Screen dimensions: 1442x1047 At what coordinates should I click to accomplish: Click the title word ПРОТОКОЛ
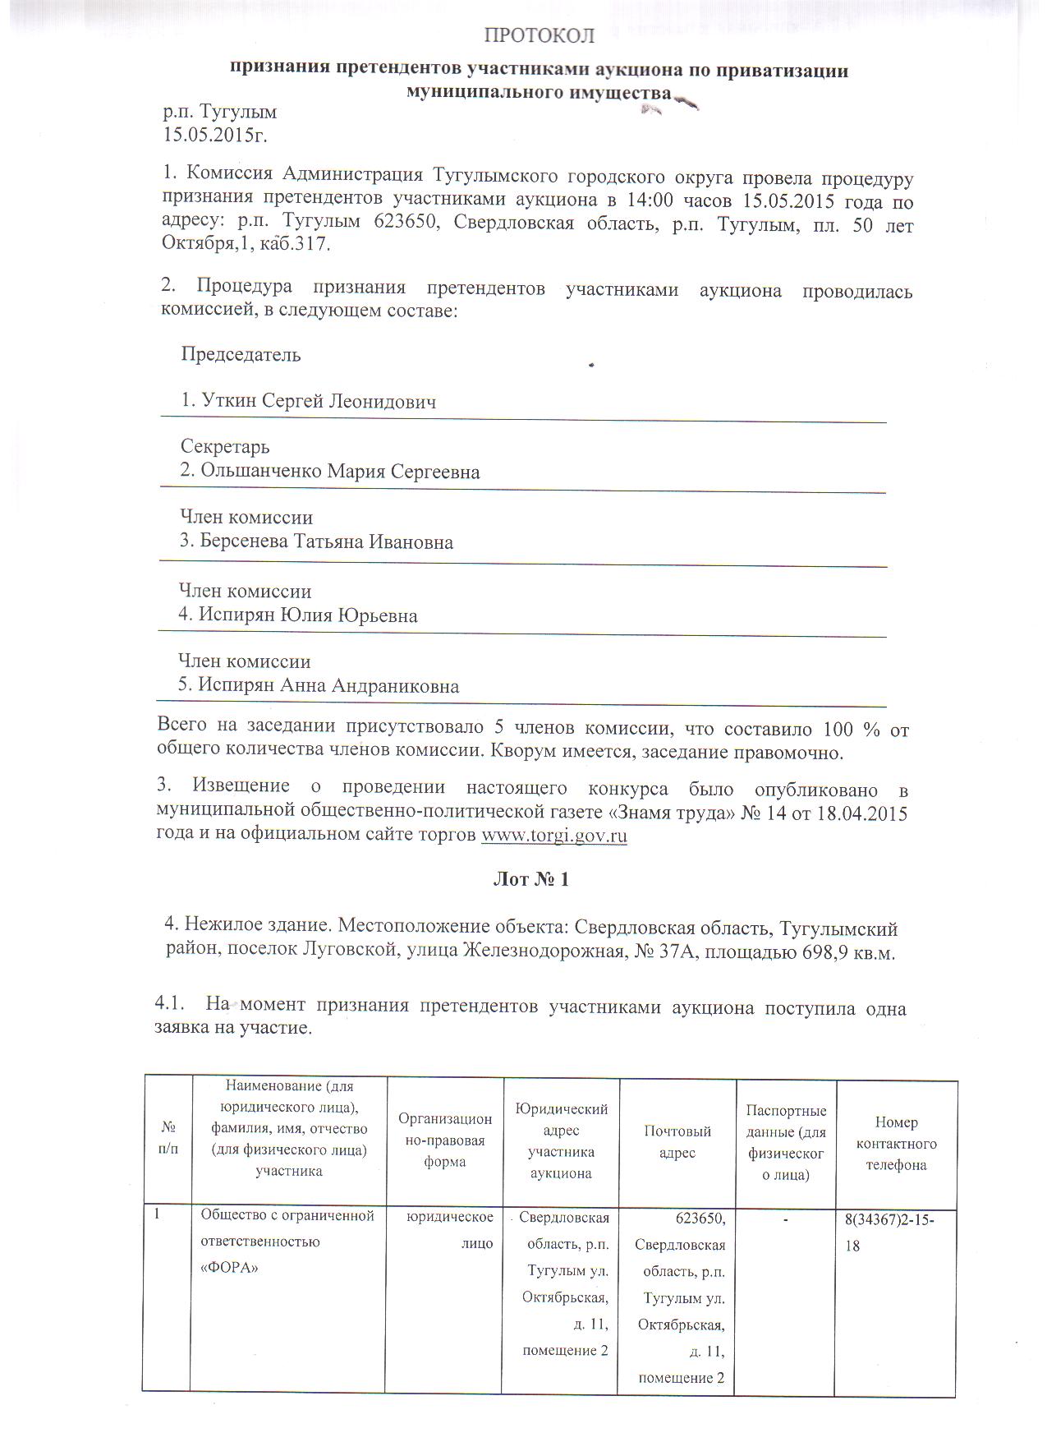538,35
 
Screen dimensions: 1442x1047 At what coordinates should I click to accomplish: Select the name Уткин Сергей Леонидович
308,402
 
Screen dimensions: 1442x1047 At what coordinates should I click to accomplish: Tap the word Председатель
241,355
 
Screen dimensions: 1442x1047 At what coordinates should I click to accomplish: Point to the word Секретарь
225,447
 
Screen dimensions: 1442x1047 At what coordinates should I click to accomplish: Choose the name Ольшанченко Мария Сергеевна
330,472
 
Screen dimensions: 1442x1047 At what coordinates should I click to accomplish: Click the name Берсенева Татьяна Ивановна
316,542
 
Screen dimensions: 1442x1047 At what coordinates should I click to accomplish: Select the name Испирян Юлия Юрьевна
299,615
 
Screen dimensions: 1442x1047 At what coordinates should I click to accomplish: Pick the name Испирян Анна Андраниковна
319,686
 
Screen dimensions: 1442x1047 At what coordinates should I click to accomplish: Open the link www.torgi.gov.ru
553,836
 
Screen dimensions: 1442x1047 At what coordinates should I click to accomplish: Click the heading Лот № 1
530,879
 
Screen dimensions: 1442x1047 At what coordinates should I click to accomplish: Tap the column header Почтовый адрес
677,1142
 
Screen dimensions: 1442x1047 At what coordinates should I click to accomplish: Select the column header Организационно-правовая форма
445,1140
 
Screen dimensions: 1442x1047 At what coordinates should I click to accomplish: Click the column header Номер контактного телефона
896,1143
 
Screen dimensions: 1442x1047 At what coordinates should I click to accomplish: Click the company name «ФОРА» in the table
230,1267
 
